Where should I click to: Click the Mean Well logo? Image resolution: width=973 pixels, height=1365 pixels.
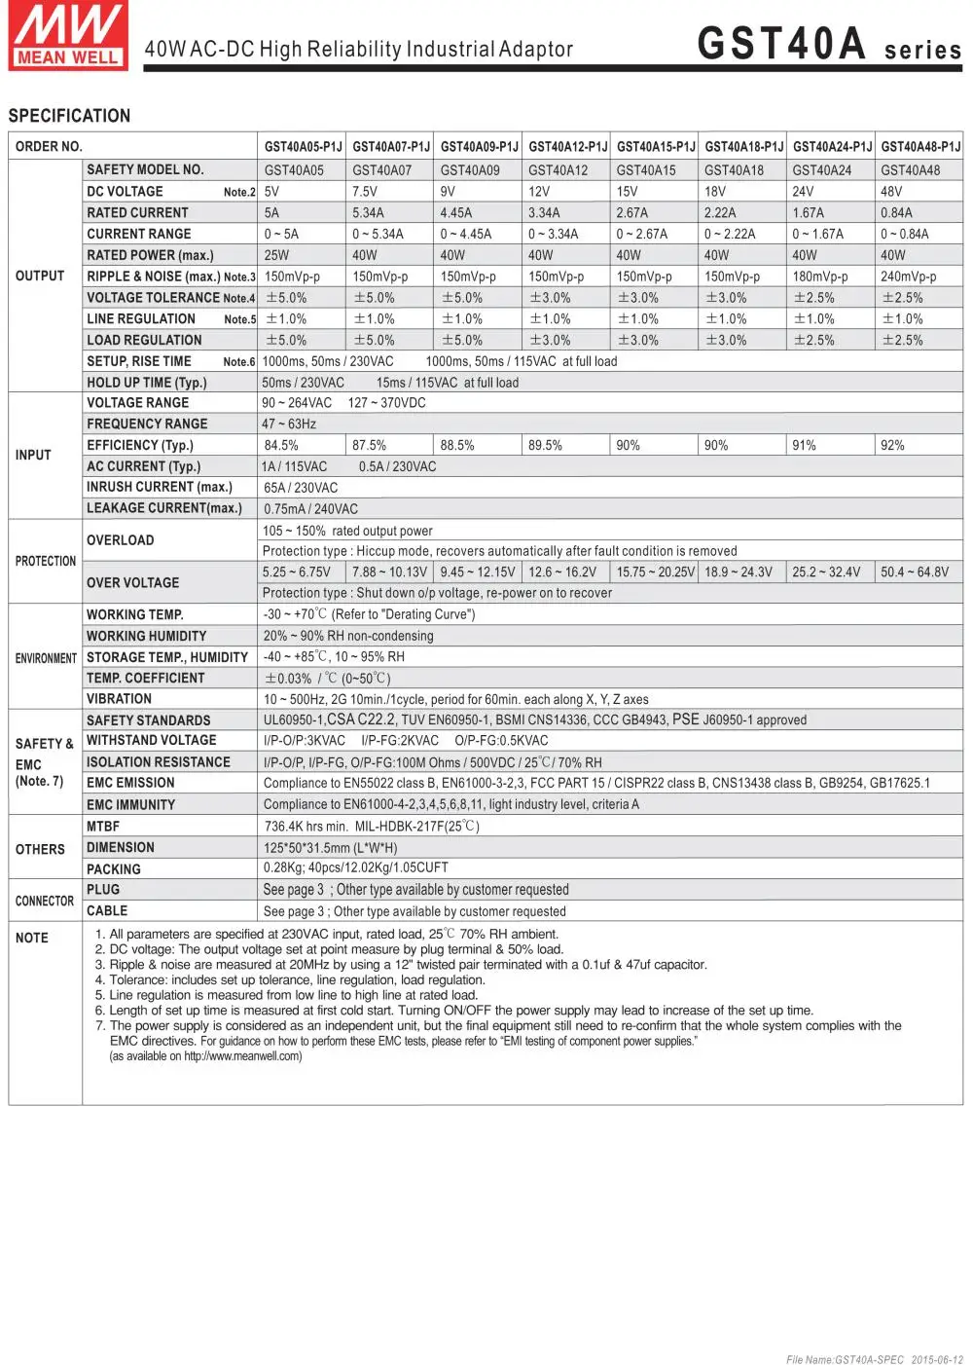(x=68, y=35)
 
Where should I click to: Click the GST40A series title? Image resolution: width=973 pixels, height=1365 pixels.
(x=829, y=45)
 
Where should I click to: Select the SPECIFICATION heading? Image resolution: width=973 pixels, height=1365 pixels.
(x=69, y=116)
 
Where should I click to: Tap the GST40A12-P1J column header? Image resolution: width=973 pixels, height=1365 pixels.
(x=567, y=147)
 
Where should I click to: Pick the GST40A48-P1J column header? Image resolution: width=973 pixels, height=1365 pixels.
(x=919, y=147)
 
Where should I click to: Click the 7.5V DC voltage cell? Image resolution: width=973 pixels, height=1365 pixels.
(x=365, y=192)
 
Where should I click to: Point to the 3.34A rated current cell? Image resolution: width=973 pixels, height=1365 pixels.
(x=544, y=213)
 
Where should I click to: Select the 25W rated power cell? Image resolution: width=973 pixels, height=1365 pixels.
(x=276, y=255)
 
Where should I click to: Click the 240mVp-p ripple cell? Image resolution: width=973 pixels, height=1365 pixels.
(x=908, y=277)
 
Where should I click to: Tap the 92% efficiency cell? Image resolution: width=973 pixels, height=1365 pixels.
(x=892, y=445)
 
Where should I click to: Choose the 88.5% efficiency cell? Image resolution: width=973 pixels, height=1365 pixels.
(x=457, y=445)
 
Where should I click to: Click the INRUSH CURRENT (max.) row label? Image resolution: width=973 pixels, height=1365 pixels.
(x=160, y=487)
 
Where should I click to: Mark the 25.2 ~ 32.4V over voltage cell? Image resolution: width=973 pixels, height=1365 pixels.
(x=826, y=572)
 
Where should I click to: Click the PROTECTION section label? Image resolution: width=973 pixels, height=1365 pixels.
(x=46, y=561)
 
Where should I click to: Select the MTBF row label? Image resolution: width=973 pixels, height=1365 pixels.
(x=103, y=826)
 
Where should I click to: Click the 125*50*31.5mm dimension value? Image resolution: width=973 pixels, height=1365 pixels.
(x=330, y=848)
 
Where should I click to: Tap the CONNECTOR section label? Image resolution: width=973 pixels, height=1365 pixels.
(x=45, y=901)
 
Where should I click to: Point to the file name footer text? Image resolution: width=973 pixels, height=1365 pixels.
(x=874, y=1359)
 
